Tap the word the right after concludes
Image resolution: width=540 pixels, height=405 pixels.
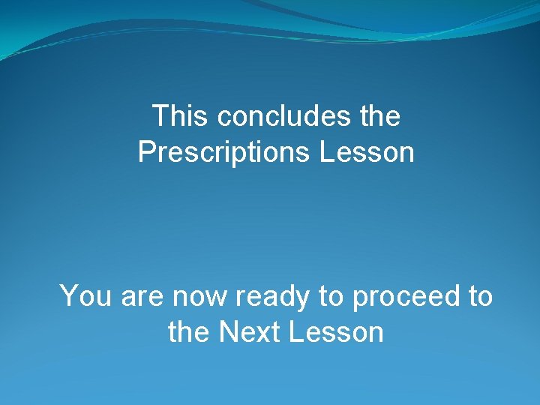click(382, 116)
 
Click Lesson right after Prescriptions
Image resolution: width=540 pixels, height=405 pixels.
click(367, 152)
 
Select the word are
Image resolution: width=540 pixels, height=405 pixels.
click(142, 298)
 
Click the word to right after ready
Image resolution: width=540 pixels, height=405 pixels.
click(330, 297)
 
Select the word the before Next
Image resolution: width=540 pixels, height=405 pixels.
click(189, 332)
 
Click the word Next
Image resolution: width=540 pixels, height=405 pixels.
click(247, 332)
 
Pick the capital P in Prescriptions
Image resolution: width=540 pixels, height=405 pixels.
click(146, 152)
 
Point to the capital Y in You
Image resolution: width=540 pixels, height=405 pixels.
click(70, 296)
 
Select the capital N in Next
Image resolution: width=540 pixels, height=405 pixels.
click(228, 332)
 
